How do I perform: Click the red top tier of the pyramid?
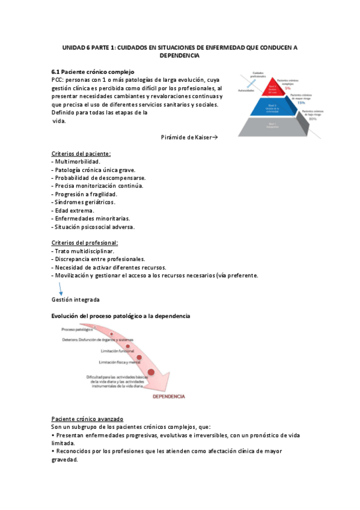272,87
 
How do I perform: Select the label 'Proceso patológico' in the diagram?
77,330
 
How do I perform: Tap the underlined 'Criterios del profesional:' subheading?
85,242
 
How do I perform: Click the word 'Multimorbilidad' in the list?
77,162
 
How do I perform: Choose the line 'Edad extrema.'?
73,210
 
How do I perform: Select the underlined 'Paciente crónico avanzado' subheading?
87,418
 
